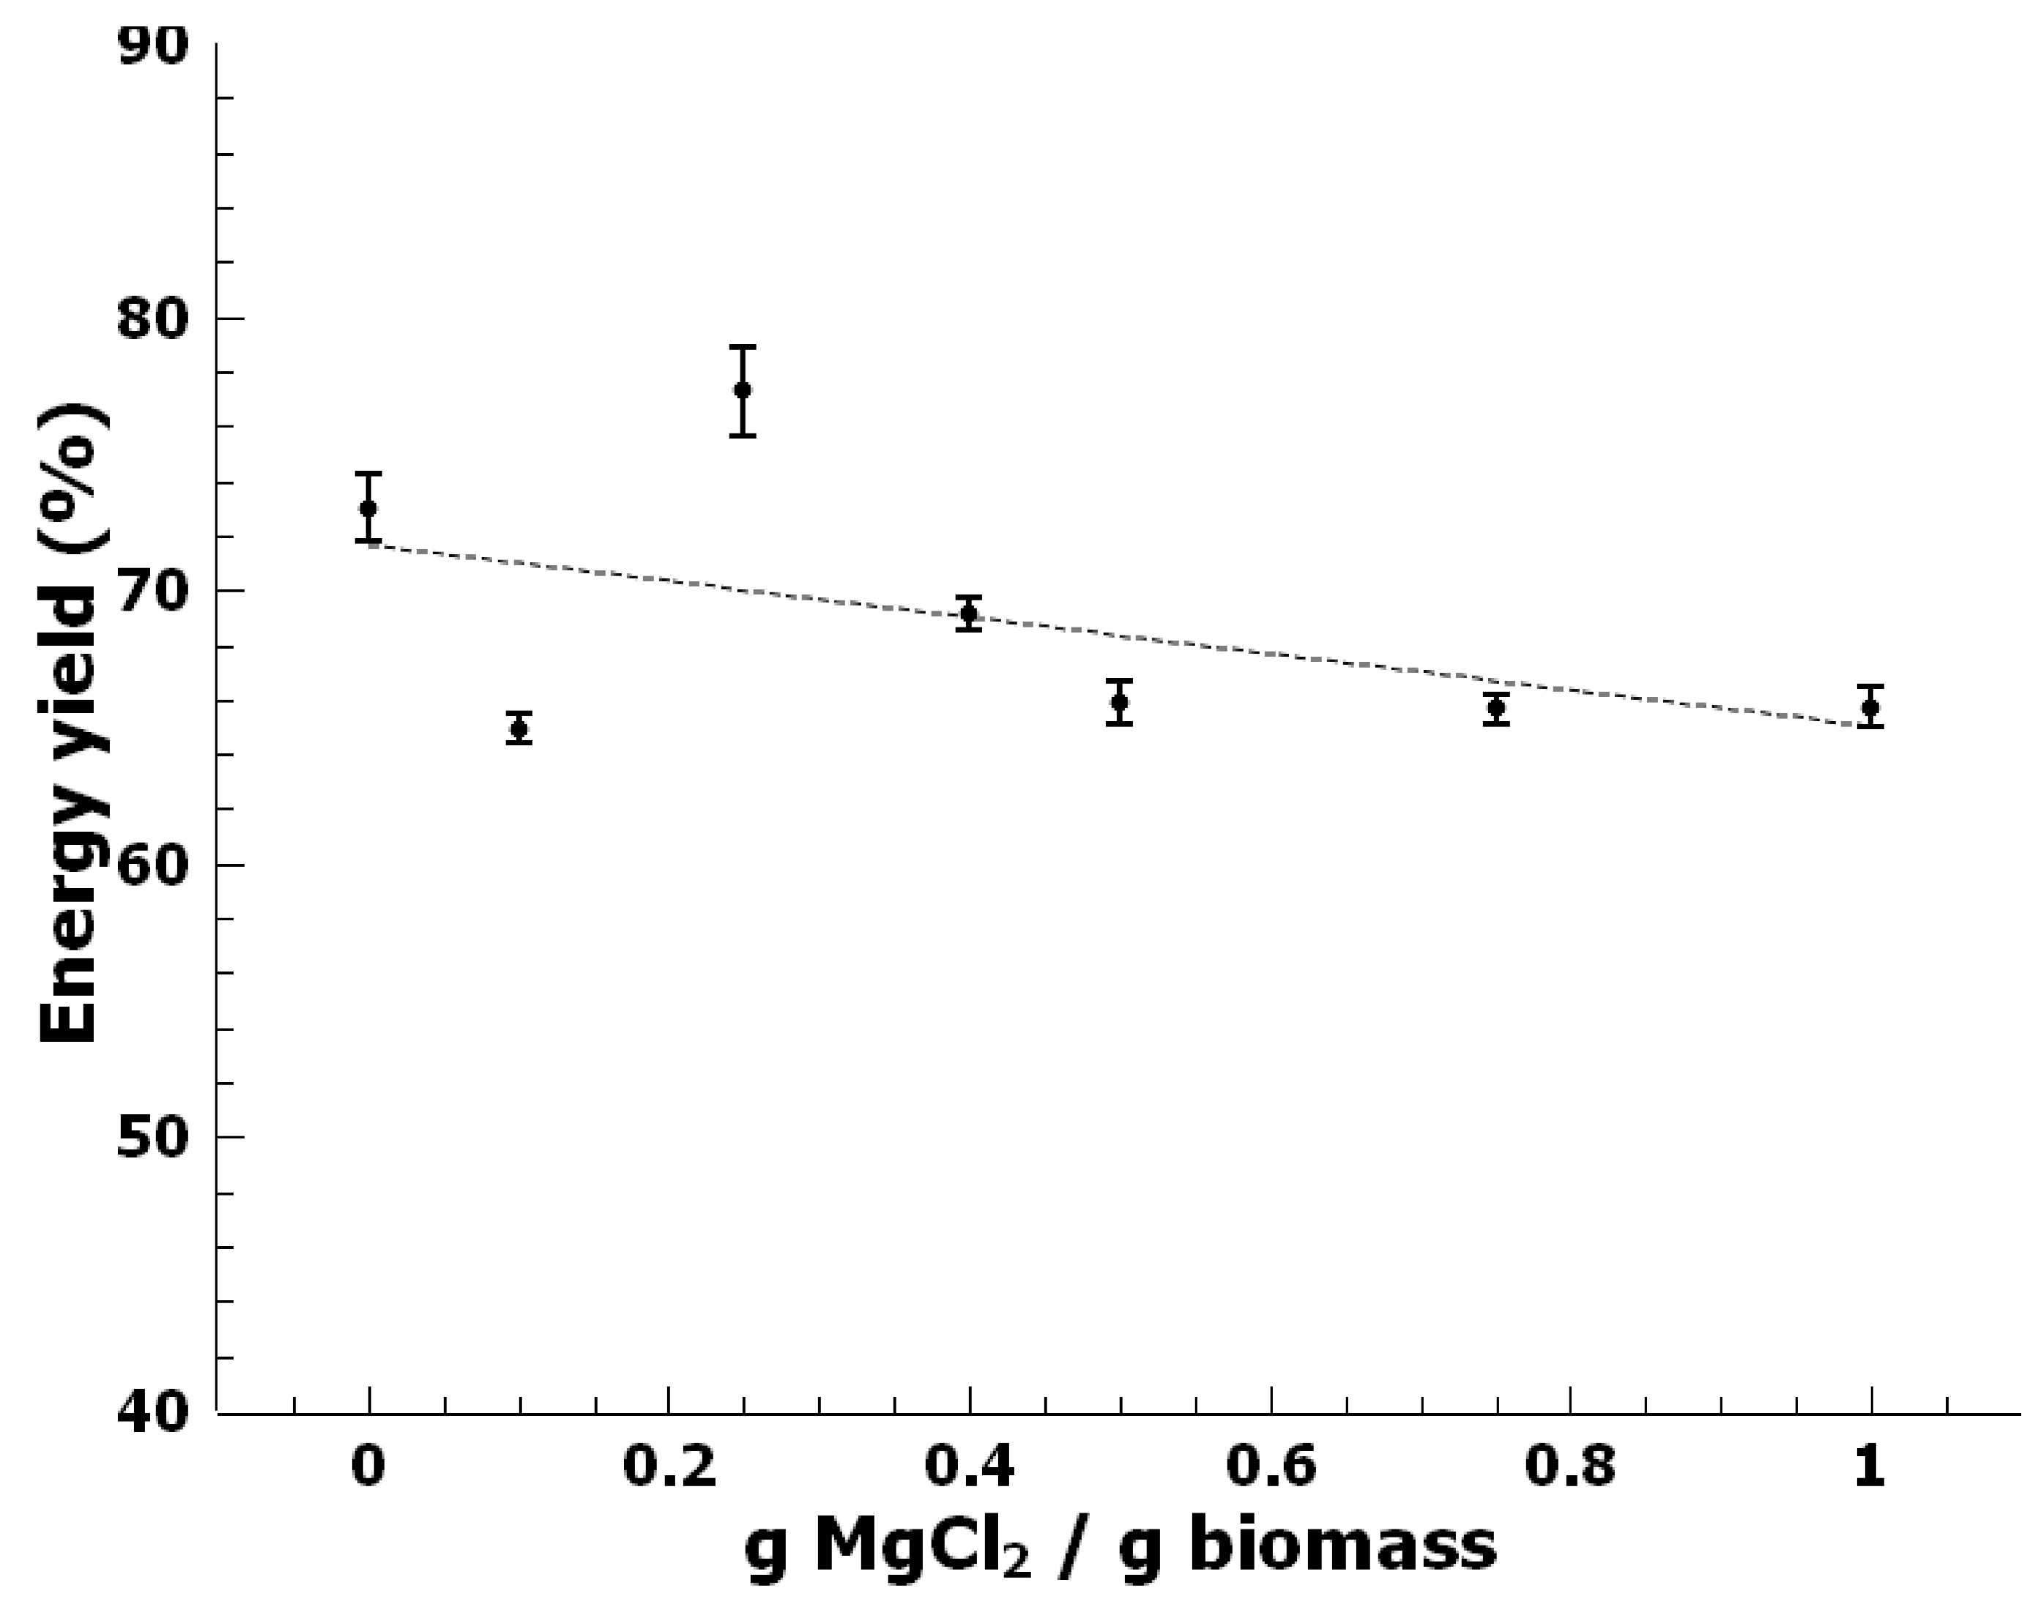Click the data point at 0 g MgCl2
pos(369,508)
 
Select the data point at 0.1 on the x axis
pos(518,728)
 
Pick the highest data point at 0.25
pos(743,389)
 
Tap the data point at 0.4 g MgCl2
pos(968,614)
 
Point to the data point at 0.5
pos(1119,702)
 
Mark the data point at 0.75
pos(1496,707)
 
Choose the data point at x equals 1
pos(1870,706)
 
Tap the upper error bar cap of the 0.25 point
pos(743,347)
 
